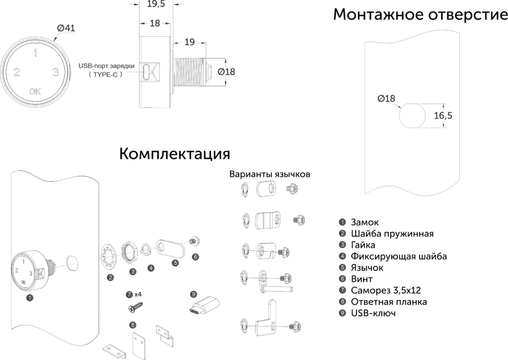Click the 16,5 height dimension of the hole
pos(443,115)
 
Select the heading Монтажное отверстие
pos(420,15)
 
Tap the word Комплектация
pos(175,153)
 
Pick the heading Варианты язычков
pos(270,175)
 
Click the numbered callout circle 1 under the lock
pos(30,298)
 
